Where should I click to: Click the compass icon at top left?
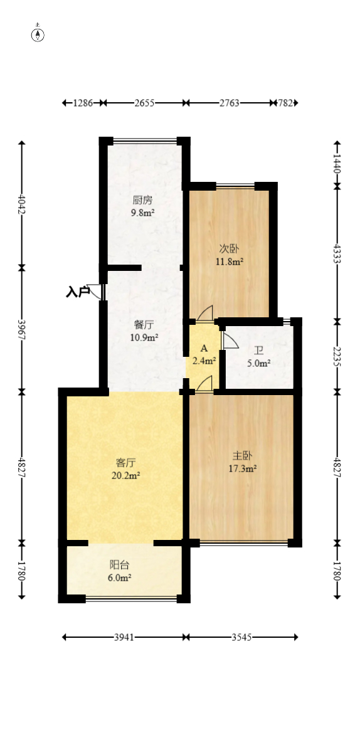click(38, 34)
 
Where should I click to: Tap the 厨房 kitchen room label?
click(142, 201)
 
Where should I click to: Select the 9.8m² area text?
click(142, 213)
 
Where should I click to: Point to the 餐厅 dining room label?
click(144, 325)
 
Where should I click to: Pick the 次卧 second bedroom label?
click(228, 250)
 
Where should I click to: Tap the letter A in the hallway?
click(204, 348)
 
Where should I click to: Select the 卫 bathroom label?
click(258, 351)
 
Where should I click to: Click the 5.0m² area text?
click(258, 363)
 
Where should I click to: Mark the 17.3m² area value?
click(243, 468)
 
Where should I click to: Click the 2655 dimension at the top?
click(144, 103)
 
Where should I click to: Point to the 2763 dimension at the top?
click(229, 103)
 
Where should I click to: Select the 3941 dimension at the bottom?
click(124, 638)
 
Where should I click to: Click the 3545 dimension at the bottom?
click(241, 638)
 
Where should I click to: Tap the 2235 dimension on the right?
click(337, 356)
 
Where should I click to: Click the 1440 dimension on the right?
click(337, 163)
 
